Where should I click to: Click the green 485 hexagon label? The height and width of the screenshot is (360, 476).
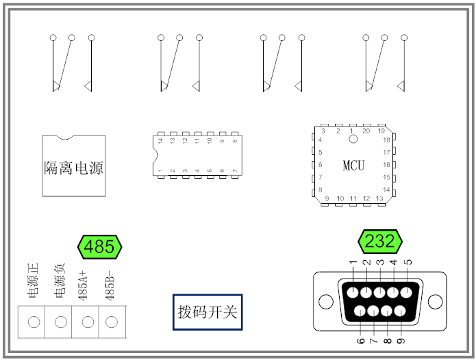click(x=100, y=247)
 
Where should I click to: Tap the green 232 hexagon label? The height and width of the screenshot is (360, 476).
click(x=380, y=242)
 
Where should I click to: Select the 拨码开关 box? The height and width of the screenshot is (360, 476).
click(x=208, y=312)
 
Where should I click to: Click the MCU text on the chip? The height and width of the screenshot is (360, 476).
click(x=353, y=166)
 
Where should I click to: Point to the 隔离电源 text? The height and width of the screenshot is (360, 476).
click(x=74, y=168)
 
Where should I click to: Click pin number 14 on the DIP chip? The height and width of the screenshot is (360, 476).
click(x=160, y=141)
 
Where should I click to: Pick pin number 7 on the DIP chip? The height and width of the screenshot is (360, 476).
click(x=235, y=170)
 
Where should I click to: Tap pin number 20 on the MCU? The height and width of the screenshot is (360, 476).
click(x=366, y=131)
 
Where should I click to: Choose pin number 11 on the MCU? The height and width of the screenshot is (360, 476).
click(x=353, y=198)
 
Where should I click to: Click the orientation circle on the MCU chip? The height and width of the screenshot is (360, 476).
click(x=353, y=139)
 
